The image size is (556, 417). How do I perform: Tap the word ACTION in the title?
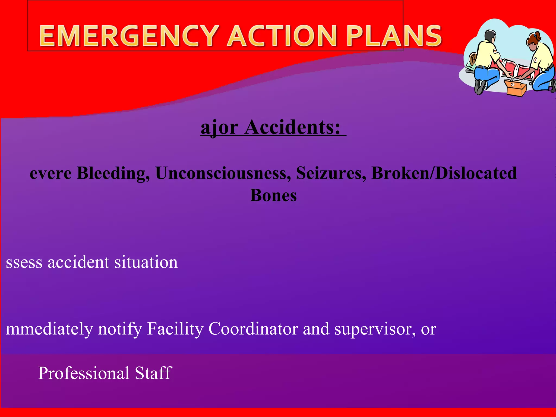point(282,36)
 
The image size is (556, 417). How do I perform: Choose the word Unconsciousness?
point(221,173)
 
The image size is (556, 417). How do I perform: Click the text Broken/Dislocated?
point(444,173)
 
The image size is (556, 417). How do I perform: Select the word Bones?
point(273,195)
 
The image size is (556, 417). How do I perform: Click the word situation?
point(146,262)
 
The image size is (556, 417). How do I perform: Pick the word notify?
point(120,329)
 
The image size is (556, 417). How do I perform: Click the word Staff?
point(153,373)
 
